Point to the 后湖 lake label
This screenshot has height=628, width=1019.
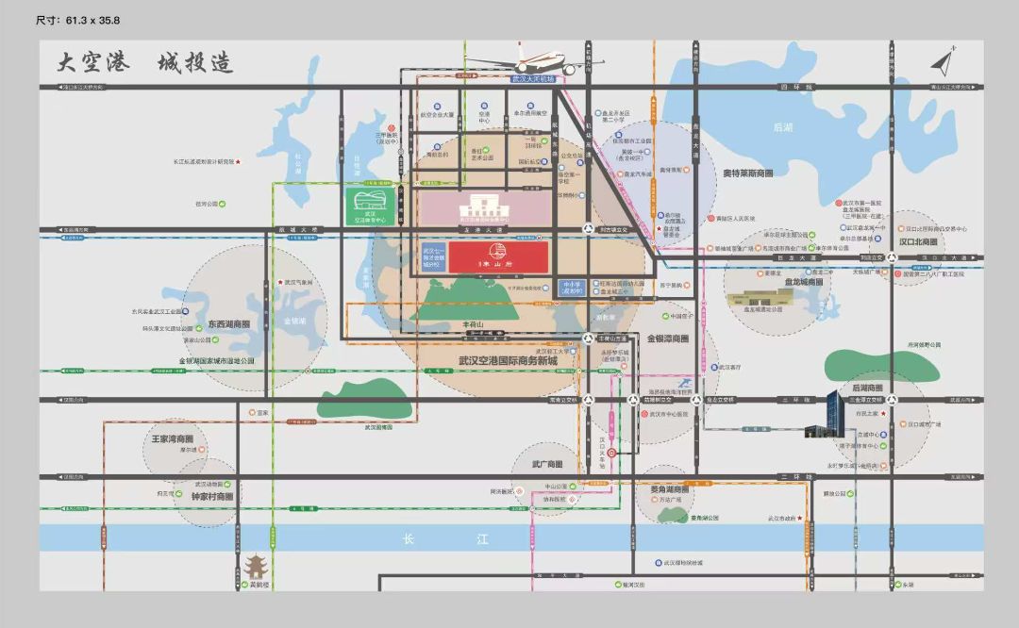[x=782, y=126]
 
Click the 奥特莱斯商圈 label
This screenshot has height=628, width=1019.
[x=747, y=174]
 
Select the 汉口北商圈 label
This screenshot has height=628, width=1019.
[x=917, y=242]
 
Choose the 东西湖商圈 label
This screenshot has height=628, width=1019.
[x=229, y=324]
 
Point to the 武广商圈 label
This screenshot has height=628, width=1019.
[x=547, y=465]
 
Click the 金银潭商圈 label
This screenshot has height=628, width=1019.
[x=667, y=339]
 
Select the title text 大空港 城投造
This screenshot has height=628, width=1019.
[x=144, y=64]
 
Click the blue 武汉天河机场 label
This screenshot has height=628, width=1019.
[x=533, y=80]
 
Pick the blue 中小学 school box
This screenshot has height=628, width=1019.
[x=570, y=288]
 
